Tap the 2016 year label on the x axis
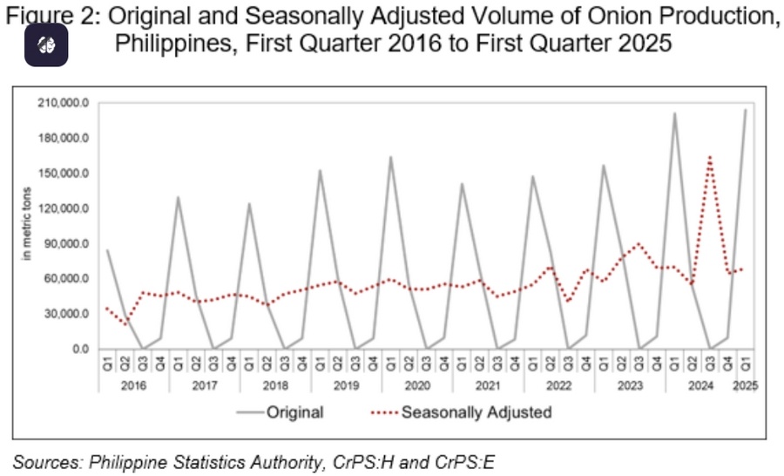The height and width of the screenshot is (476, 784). (x=134, y=384)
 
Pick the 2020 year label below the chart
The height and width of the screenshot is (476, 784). (x=417, y=384)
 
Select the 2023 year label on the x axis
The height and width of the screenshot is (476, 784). (x=630, y=384)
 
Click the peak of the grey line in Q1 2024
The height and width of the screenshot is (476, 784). (x=674, y=113)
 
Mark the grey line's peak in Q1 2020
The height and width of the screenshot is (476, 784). (x=390, y=157)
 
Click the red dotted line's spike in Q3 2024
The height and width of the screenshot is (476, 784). (x=710, y=157)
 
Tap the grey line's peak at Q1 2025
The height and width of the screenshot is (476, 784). (x=746, y=110)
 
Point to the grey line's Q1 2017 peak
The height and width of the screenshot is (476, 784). (x=178, y=197)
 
